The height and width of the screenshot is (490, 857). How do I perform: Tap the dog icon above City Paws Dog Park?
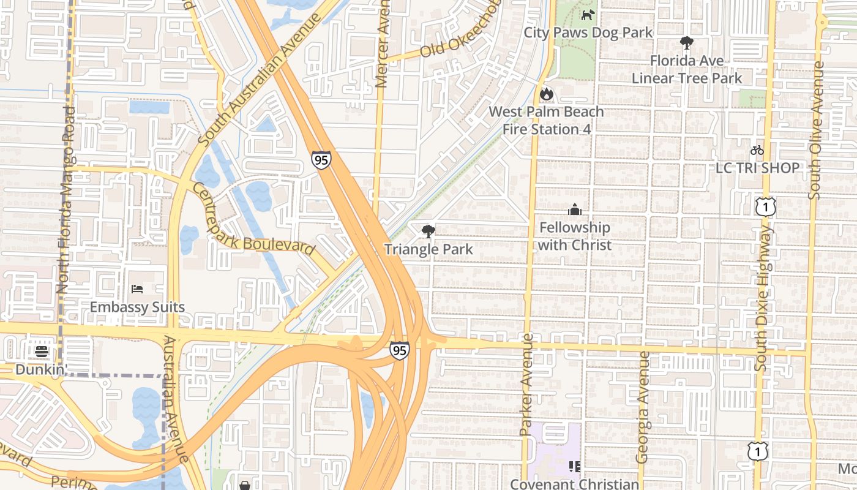588,15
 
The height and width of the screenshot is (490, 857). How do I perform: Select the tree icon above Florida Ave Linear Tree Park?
686,43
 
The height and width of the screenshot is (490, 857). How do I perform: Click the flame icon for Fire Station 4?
546,94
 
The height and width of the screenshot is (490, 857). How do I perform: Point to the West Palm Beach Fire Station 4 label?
546,121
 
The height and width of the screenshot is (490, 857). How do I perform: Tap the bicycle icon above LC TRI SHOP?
757,150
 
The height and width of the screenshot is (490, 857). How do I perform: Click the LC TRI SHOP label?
757,168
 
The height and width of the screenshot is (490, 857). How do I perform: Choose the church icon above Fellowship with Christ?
574,210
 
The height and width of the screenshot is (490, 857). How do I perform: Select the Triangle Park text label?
428,249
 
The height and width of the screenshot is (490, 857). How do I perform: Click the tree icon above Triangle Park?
428,232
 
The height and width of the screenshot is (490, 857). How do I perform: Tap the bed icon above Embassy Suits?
137,289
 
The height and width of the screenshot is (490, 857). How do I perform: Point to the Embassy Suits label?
137,307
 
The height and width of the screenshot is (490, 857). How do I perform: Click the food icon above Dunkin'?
42,352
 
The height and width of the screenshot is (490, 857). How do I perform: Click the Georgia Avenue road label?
642,407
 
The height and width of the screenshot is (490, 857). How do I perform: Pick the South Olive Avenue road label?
815,130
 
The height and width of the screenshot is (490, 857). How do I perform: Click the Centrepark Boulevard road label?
254,219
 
